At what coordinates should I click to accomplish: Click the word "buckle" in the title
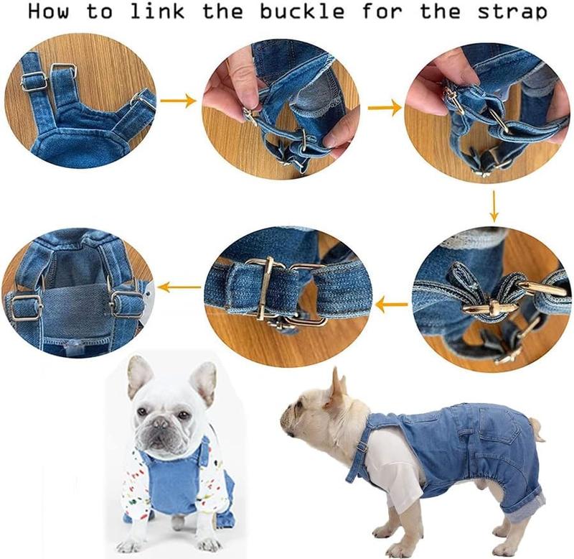(302, 11)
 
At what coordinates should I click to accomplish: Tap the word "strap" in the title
(512, 12)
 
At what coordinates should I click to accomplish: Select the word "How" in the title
(48, 11)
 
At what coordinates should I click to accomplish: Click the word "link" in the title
(158, 11)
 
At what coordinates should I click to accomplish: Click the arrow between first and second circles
(178, 101)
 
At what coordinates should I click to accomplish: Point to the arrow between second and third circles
(385, 108)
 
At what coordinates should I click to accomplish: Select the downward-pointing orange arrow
(494, 206)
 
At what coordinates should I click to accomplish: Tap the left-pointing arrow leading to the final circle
(179, 287)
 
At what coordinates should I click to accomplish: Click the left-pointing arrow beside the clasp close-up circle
(391, 304)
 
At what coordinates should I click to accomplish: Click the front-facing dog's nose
(160, 422)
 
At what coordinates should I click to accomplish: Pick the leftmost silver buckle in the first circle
(34, 81)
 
